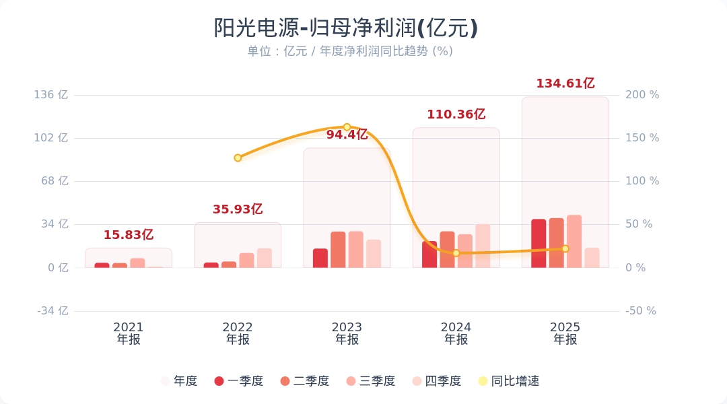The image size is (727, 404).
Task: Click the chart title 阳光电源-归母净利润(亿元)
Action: coord(346,28)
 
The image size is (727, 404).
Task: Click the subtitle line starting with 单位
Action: coord(349,51)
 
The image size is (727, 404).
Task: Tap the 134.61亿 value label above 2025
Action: coord(565,83)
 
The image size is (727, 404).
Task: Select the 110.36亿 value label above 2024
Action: coord(456,114)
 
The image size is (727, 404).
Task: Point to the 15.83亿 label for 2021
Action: coord(128,235)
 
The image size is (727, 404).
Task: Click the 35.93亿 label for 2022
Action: coord(237,209)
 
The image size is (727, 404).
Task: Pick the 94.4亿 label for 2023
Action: coord(347,135)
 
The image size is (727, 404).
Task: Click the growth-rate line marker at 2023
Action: coord(347,127)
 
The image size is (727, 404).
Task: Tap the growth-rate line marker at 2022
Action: coord(238,158)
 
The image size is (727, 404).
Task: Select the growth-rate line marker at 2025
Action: coord(565,248)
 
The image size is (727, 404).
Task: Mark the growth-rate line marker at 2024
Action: coord(456,253)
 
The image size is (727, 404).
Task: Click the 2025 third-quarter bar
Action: coord(574,241)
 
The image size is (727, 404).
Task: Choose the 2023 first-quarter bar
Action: coord(320,258)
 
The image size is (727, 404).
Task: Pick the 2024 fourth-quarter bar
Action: coord(483,246)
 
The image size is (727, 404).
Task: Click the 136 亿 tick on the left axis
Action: coord(51,95)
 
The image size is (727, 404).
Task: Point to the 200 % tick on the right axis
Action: coord(642,95)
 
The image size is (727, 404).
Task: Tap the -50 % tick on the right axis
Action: coord(640,311)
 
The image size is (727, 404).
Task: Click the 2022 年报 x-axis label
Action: coord(238,333)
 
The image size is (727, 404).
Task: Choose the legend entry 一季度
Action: coord(239,381)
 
